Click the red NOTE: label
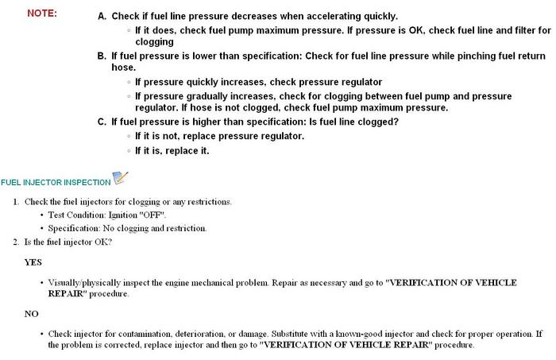[42, 14]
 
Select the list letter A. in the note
[102, 16]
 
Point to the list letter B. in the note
[102, 56]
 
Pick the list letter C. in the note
[102, 122]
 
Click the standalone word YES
[33, 261]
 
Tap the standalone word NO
[32, 314]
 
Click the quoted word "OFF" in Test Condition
[153, 215]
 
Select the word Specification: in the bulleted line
[75, 228]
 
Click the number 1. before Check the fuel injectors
[16, 202]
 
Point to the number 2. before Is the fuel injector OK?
[16, 242]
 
